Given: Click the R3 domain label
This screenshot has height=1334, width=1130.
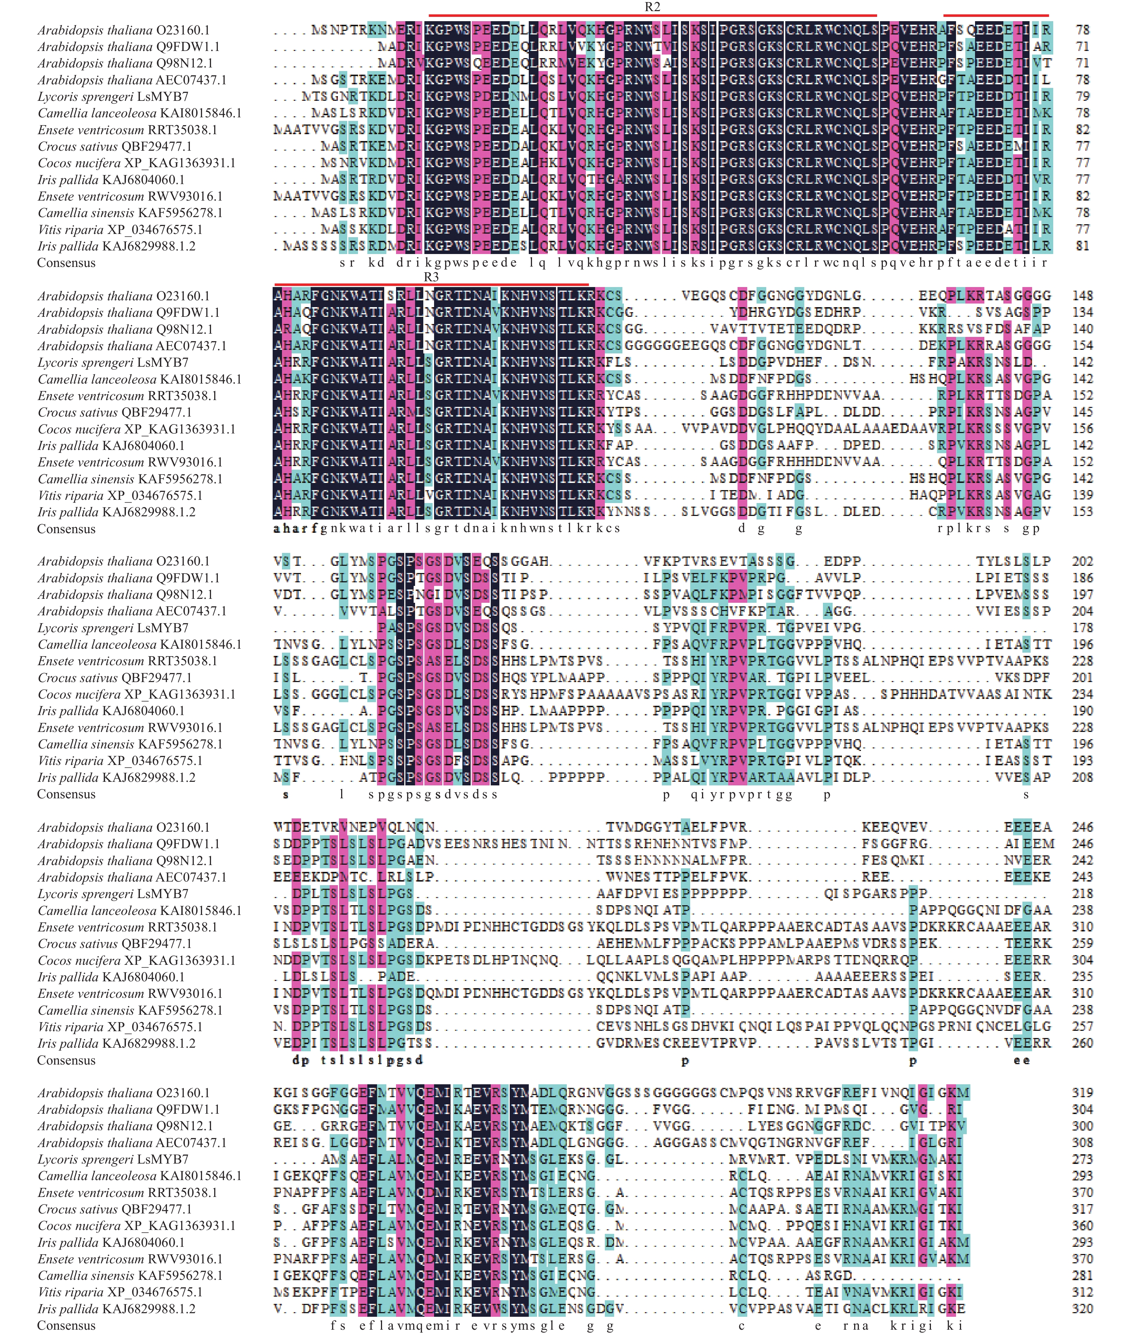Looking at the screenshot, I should [431, 277].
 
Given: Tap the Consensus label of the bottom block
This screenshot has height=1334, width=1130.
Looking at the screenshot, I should [66, 1326].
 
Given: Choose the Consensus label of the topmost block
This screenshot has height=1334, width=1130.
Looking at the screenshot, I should [66, 263].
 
